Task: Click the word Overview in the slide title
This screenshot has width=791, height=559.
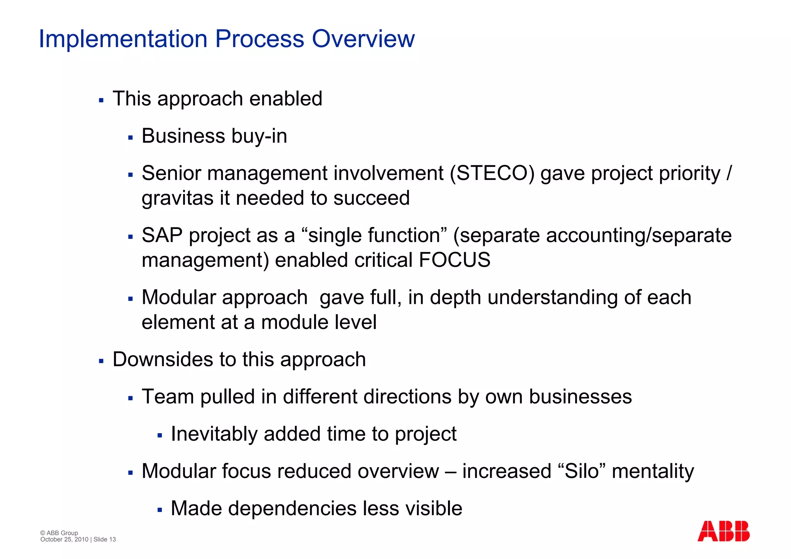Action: click(x=363, y=39)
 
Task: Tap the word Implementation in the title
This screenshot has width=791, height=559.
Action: click(x=123, y=39)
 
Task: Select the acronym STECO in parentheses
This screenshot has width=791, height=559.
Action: click(x=492, y=173)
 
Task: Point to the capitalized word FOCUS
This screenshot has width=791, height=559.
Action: click(x=455, y=260)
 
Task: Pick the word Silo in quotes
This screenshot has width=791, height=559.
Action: click(x=581, y=471)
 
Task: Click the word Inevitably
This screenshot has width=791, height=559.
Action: click(x=214, y=434)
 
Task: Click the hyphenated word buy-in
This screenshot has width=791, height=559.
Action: click(x=259, y=136)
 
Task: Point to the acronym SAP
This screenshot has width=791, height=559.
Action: click(x=162, y=235)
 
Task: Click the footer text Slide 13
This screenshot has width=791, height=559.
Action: click(x=105, y=540)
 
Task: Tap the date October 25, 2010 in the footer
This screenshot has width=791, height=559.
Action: click(x=64, y=540)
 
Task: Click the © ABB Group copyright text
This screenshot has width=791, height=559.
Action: click(x=59, y=533)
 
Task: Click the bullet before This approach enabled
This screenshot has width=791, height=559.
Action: click(x=101, y=101)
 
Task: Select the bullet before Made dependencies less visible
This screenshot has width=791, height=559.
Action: click(x=160, y=510)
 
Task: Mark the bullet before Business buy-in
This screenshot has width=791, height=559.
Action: click(x=131, y=138)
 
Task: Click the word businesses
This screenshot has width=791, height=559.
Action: click(x=580, y=397)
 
